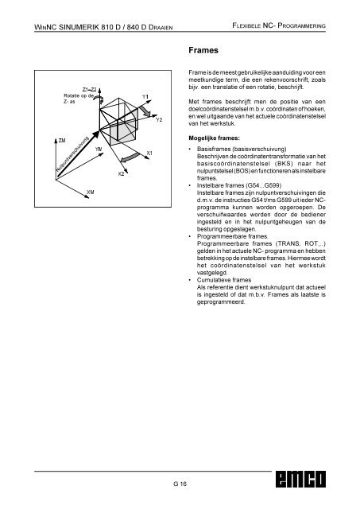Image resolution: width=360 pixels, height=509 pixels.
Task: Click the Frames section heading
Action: [x=203, y=50]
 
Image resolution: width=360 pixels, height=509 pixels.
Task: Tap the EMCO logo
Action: [x=300, y=479]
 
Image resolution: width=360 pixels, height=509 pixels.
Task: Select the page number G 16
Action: [x=180, y=484]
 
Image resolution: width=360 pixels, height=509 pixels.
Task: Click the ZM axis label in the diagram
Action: [x=62, y=141]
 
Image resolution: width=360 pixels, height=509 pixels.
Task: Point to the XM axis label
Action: [x=91, y=192]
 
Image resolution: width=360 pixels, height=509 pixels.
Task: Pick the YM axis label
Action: [x=99, y=149]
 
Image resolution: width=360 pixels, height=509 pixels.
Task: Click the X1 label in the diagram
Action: [x=149, y=153]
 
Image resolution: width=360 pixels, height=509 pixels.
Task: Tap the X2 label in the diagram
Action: [x=121, y=173]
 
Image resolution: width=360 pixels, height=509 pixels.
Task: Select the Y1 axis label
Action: [x=145, y=97]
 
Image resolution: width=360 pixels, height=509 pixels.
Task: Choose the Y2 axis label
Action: [x=159, y=120]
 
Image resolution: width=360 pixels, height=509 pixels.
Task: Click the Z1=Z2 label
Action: [x=89, y=90]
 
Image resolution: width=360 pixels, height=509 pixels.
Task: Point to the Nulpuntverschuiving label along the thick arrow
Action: [x=72, y=154]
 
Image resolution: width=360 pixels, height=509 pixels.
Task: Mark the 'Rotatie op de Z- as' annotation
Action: [x=79, y=99]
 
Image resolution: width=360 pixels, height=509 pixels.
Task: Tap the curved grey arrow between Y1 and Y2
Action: [x=145, y=111]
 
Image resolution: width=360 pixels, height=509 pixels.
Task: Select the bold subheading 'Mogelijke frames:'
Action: [x=214, y=138]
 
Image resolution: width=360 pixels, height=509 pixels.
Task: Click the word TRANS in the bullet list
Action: [x=289, y=243]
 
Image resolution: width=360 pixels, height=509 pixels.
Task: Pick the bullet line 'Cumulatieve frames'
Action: [x=224, y=280]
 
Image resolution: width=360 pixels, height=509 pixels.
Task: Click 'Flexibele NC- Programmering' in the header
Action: [x=279, y=25]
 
